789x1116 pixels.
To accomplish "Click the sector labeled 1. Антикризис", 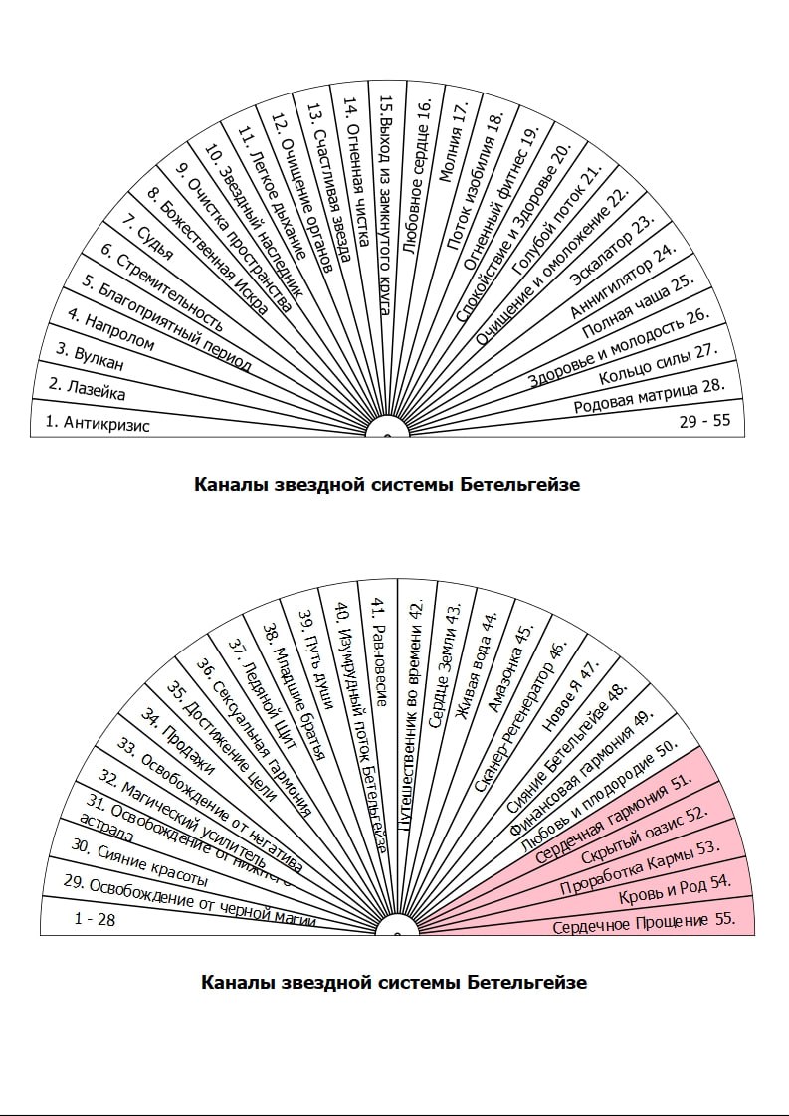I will click(x=98, y=423).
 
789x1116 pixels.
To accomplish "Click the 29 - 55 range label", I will click(x=704, y=420).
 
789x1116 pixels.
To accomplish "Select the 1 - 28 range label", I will click(x=95, y=919).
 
